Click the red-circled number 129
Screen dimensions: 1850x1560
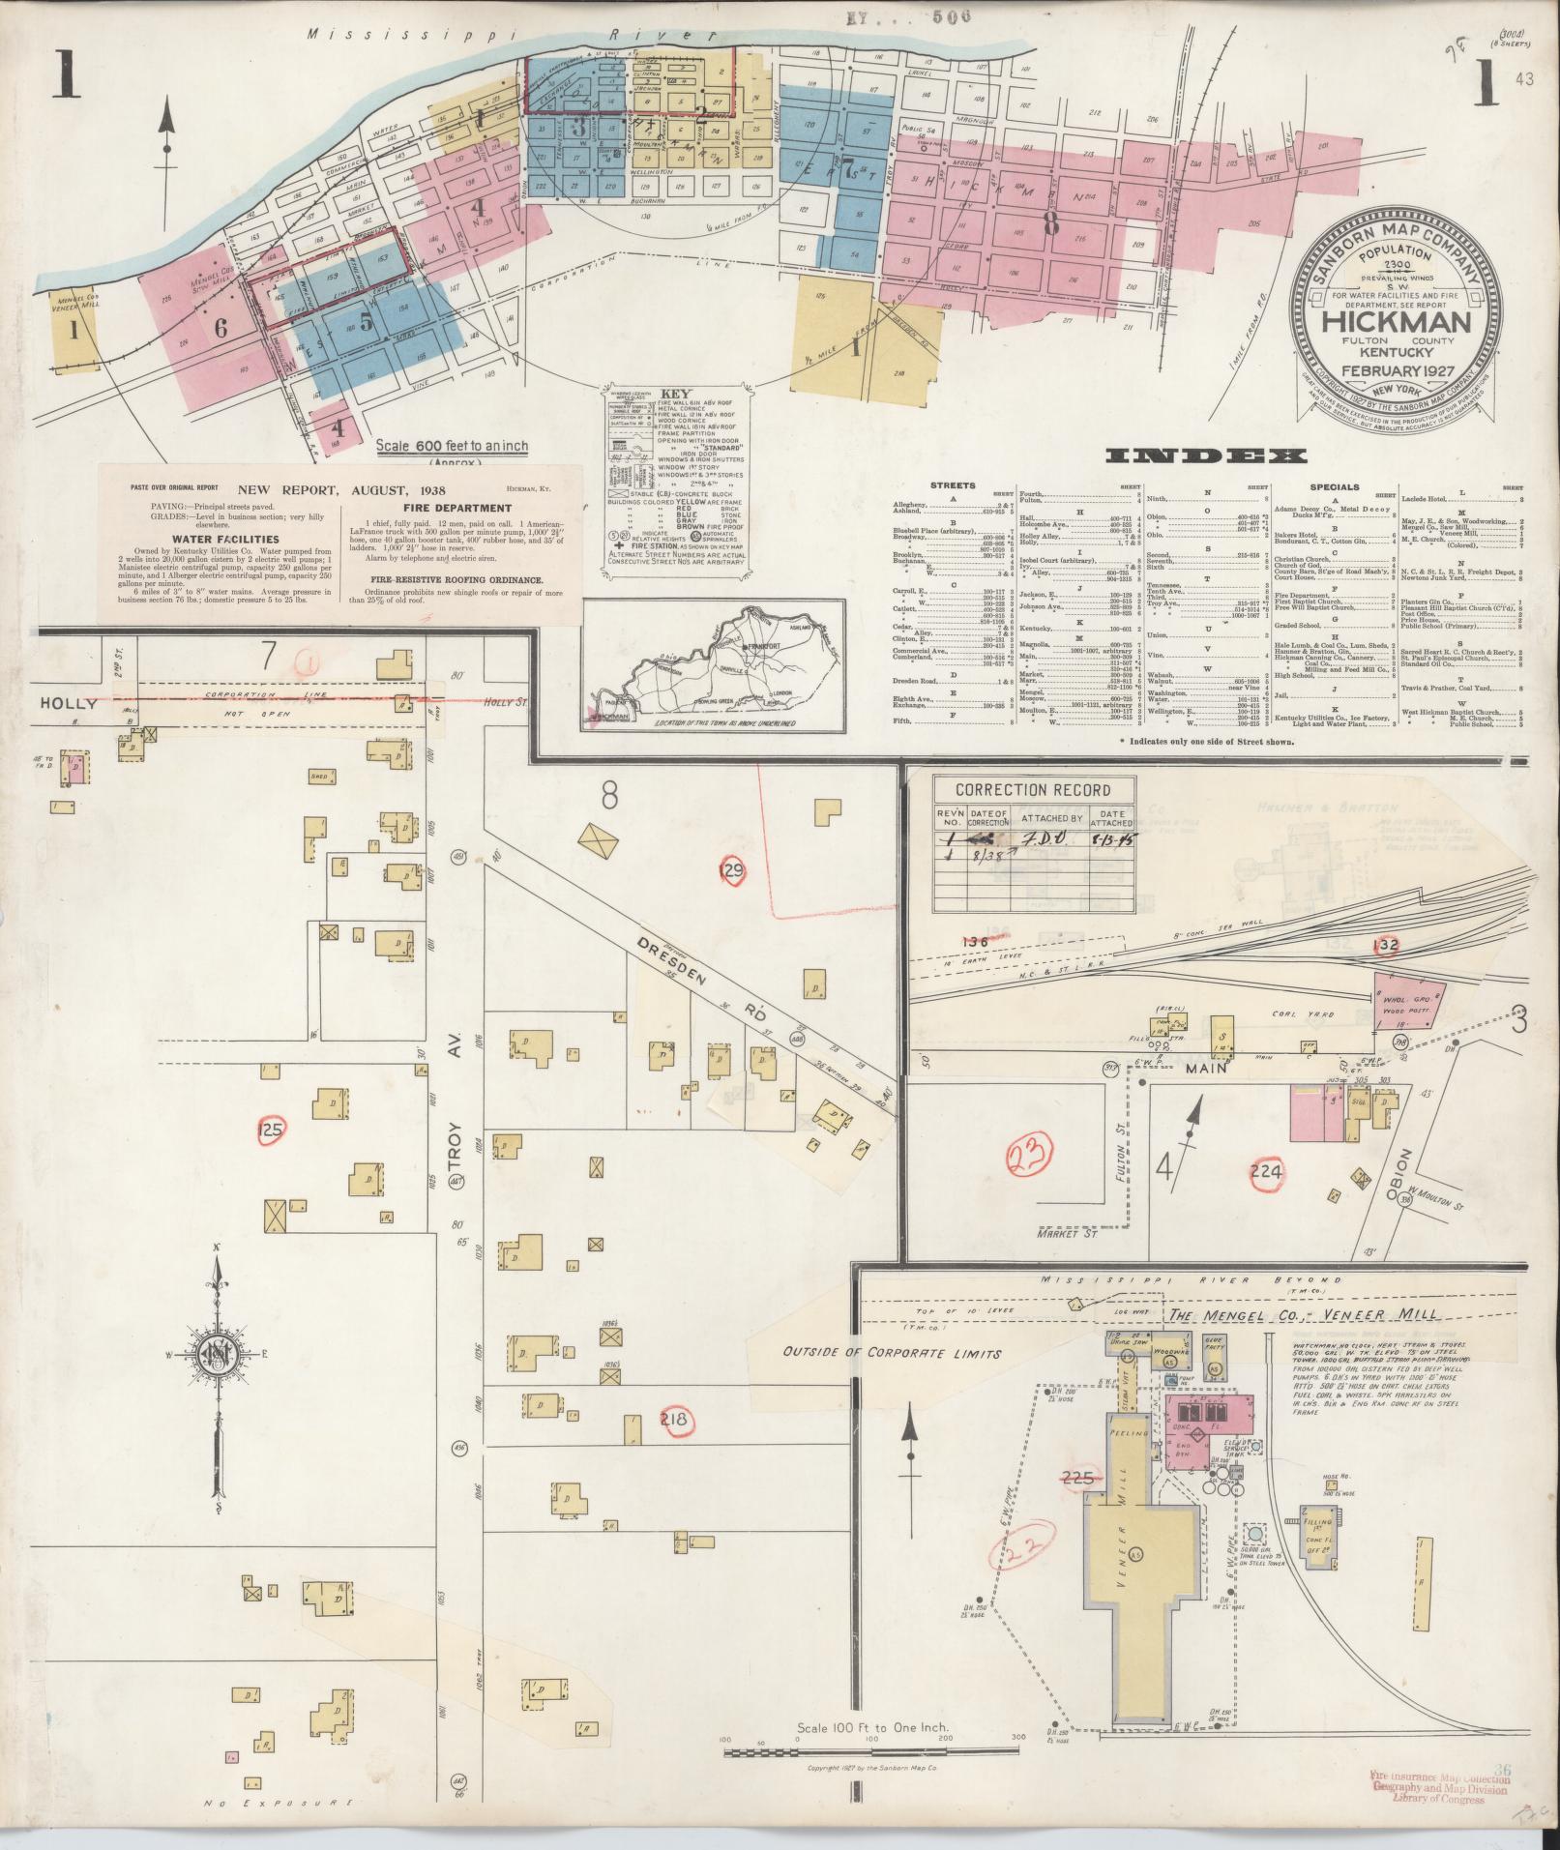[733, 871]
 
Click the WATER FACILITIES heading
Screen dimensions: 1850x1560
[225, 540]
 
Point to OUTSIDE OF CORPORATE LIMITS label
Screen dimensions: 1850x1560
[893, 1353]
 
